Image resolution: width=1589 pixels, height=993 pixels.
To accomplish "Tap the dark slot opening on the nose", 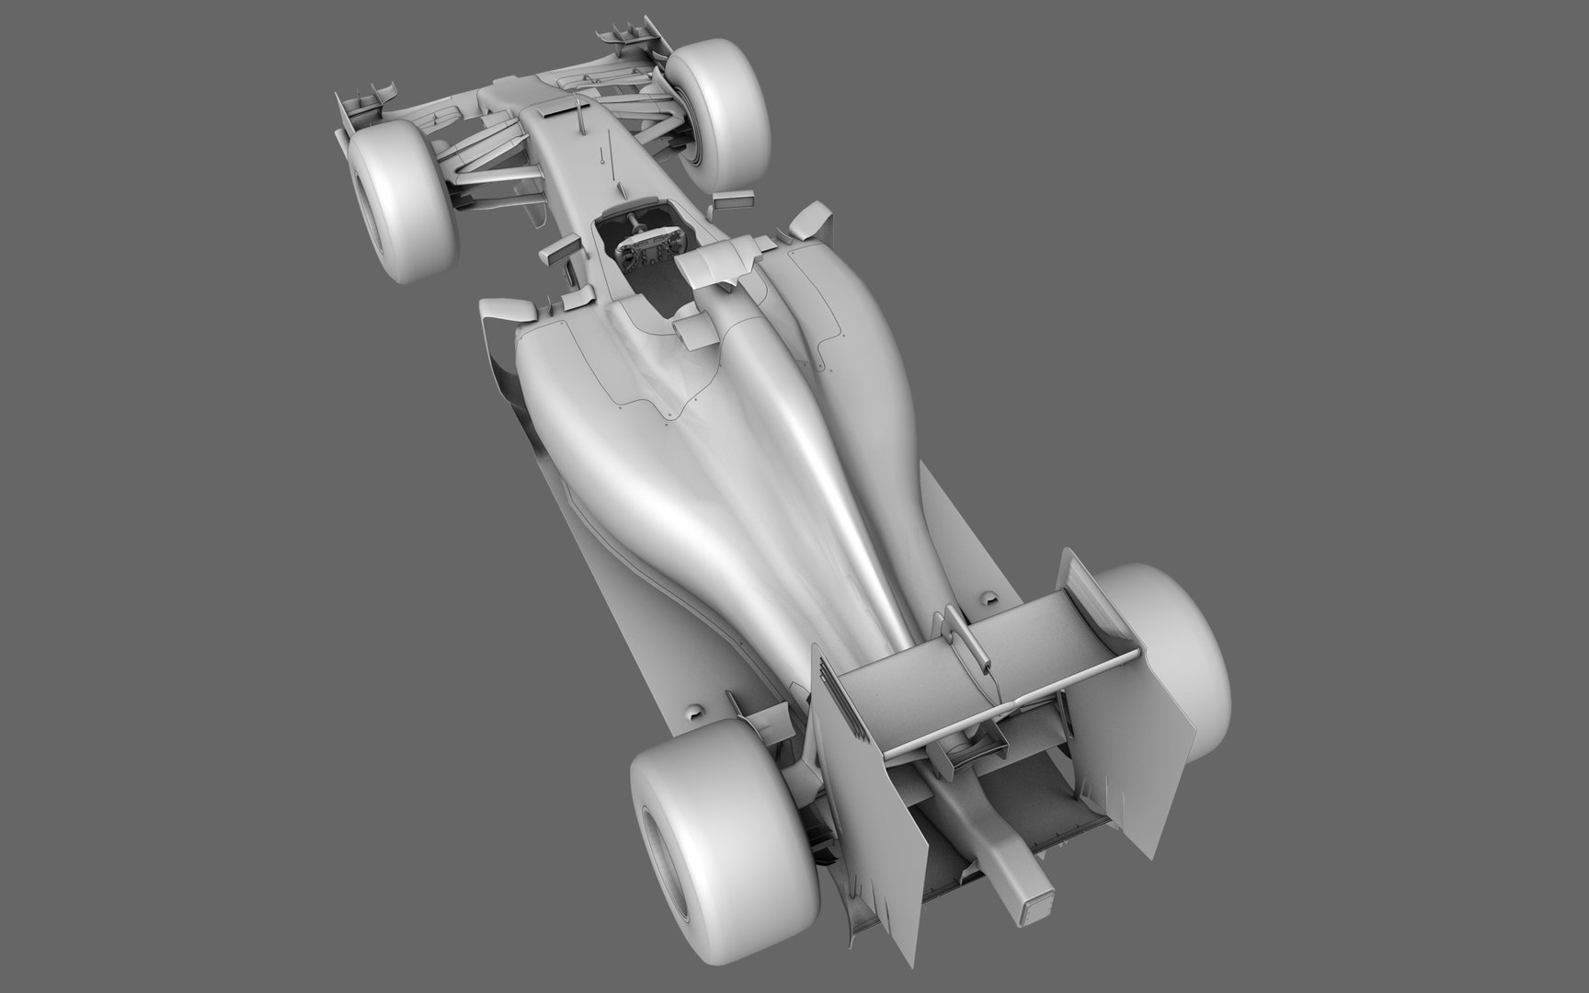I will [x=551, y=110].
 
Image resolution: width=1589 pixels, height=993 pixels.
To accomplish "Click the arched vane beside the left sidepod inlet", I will [x=501, y=313].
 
